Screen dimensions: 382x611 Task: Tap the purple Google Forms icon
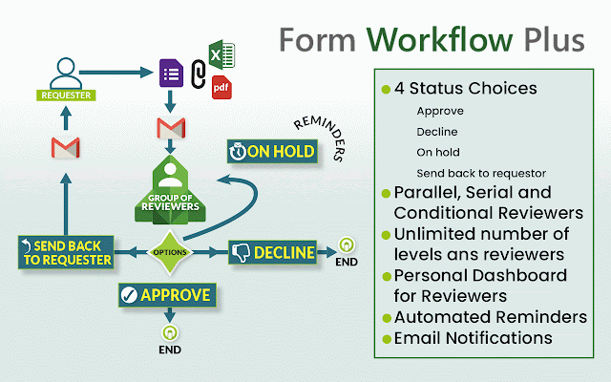[x=172, y=73]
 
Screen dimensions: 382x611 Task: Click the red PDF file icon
[x=221, y=88]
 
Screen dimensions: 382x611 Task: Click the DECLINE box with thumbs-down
[x=272, y=252]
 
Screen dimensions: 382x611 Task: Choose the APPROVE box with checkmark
[x=165, y=295]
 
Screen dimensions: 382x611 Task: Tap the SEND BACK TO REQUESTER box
[x=65, y=252]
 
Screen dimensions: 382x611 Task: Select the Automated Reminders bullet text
[x=492, y=317]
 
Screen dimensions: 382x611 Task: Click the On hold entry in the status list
[x=439, y=152]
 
